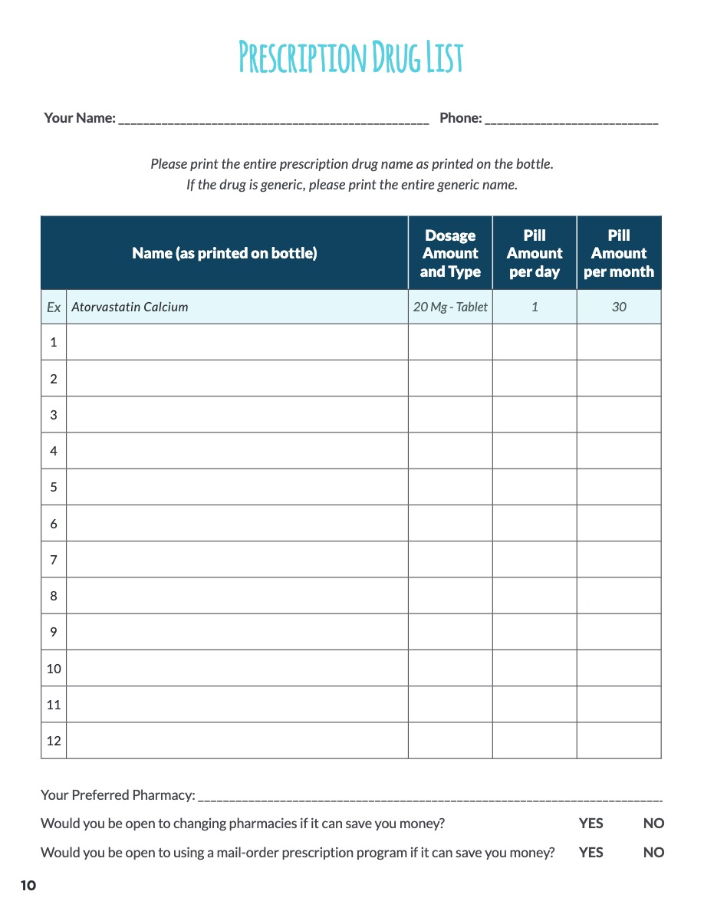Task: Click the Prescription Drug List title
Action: point(351,58)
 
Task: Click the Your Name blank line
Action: point(273,120)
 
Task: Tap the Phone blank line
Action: point(571,120)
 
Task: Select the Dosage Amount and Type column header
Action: point(450,253)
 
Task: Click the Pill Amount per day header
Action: point(535,253)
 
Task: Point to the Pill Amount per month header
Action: point(619,253)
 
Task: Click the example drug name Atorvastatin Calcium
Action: point(130,307)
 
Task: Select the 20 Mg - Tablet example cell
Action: point(450,307)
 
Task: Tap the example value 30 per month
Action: point(619,307)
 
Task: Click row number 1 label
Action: point(54,342)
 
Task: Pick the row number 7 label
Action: point(54,560)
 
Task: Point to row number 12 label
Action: point(54,741)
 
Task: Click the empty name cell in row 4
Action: point(237,451)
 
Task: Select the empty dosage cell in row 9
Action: point(450,632)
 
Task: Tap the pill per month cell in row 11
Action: point(619,704)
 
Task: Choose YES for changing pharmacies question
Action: point(591,824)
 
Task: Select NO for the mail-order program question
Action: point(653,853)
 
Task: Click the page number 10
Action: point(28,886)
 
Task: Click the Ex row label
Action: point(54,307)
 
